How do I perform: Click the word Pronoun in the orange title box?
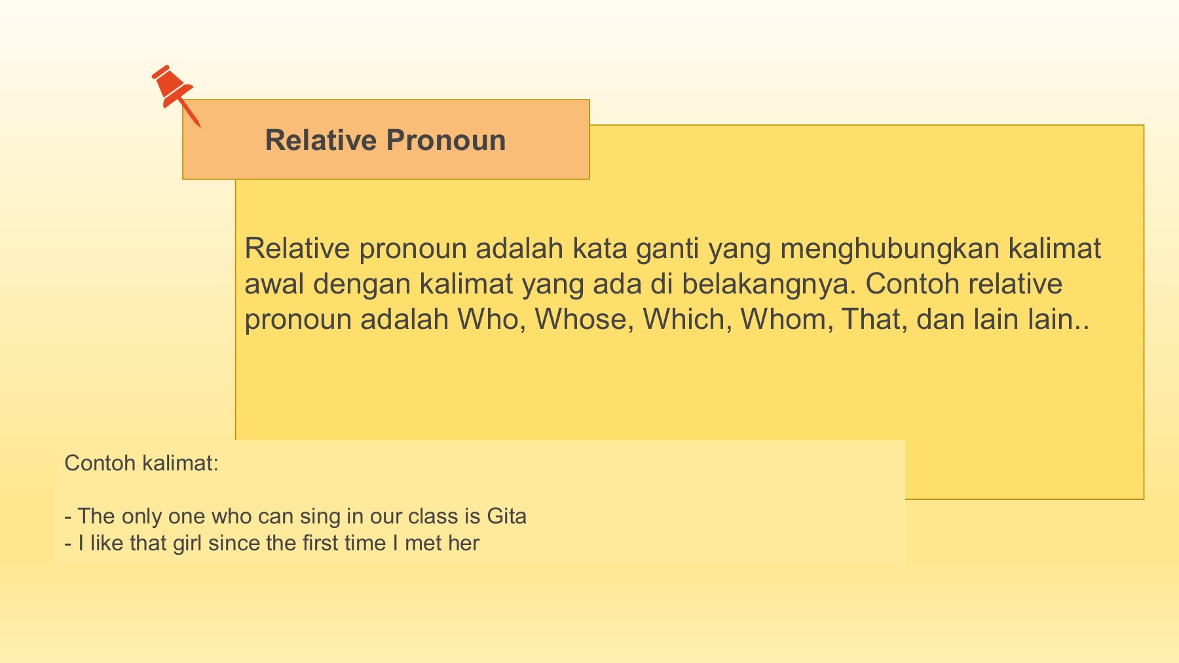pyautogui.click(x=446, y=140)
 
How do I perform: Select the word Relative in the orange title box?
pyautogui.click(x=321, y=140)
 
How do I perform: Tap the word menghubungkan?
pyautogui.click(x=889, y=250)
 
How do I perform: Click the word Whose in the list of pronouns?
pyautogui.click(x=584, y=319)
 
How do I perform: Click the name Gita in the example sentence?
pyautogui.click(x=507, y=516)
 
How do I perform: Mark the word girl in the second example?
pyautogui.click(x=188, y=544)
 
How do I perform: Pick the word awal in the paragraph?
pyautogui.click(x=274, y=284)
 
